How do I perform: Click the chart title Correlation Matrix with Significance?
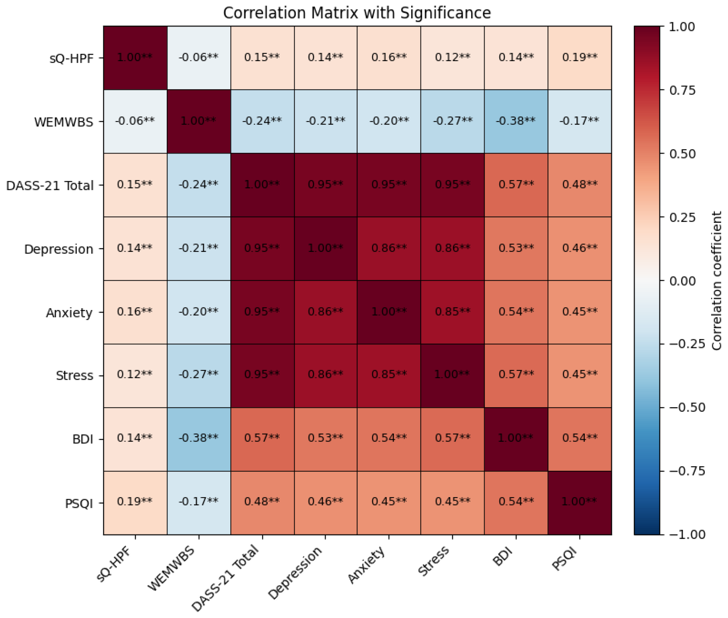tap(357, 13)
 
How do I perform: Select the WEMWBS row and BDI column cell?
tap(516, 121)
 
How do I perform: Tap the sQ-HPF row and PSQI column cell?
tap(580, 58)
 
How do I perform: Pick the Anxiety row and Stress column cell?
tap(453, 312)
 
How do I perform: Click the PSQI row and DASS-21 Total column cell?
tap(262, 503)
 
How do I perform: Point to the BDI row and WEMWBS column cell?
tap(199, 439)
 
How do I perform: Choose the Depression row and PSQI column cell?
tap(580, 248)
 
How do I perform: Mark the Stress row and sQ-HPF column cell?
tap(135, 376)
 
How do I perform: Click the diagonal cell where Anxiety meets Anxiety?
tap(389, 312)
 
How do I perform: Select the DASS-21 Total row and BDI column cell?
tap(516, 185)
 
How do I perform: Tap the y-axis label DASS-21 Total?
tap(50, 185)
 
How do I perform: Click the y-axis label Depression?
tap(59, 249)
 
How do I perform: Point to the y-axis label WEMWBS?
tap(64, 122)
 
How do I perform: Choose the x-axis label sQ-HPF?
tap(113, 564)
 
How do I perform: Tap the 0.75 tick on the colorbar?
tap(682, 90)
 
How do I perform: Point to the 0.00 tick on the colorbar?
tap(682, 281)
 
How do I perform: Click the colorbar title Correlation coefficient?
tap(716, 281)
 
